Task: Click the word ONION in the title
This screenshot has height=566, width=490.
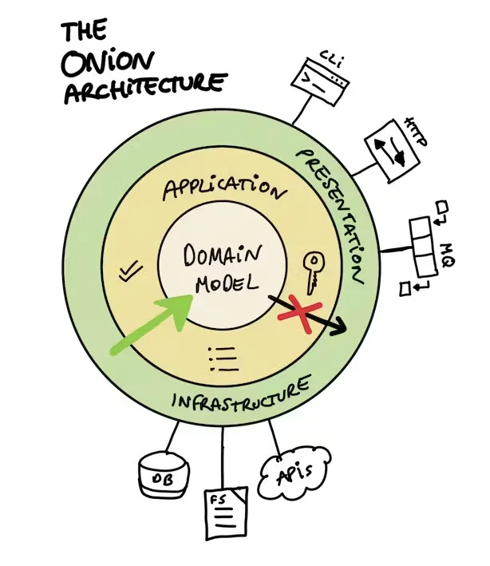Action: point(108,61)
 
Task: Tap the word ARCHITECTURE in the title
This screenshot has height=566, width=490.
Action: point(145,88)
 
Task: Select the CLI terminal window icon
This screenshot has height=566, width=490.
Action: point(320,81)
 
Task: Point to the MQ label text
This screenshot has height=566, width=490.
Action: point(448,255)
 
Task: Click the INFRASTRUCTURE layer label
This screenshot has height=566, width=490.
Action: point(241,395)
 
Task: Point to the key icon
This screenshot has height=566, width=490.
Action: point(313,272)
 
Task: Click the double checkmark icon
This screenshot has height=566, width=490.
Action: point(130,271)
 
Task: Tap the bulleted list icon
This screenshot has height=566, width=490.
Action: point(223,358)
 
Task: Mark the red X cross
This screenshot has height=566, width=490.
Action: point(300,314)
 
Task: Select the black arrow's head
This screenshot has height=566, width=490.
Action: point(338,326)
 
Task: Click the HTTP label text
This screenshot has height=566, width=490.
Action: point(417,132)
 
